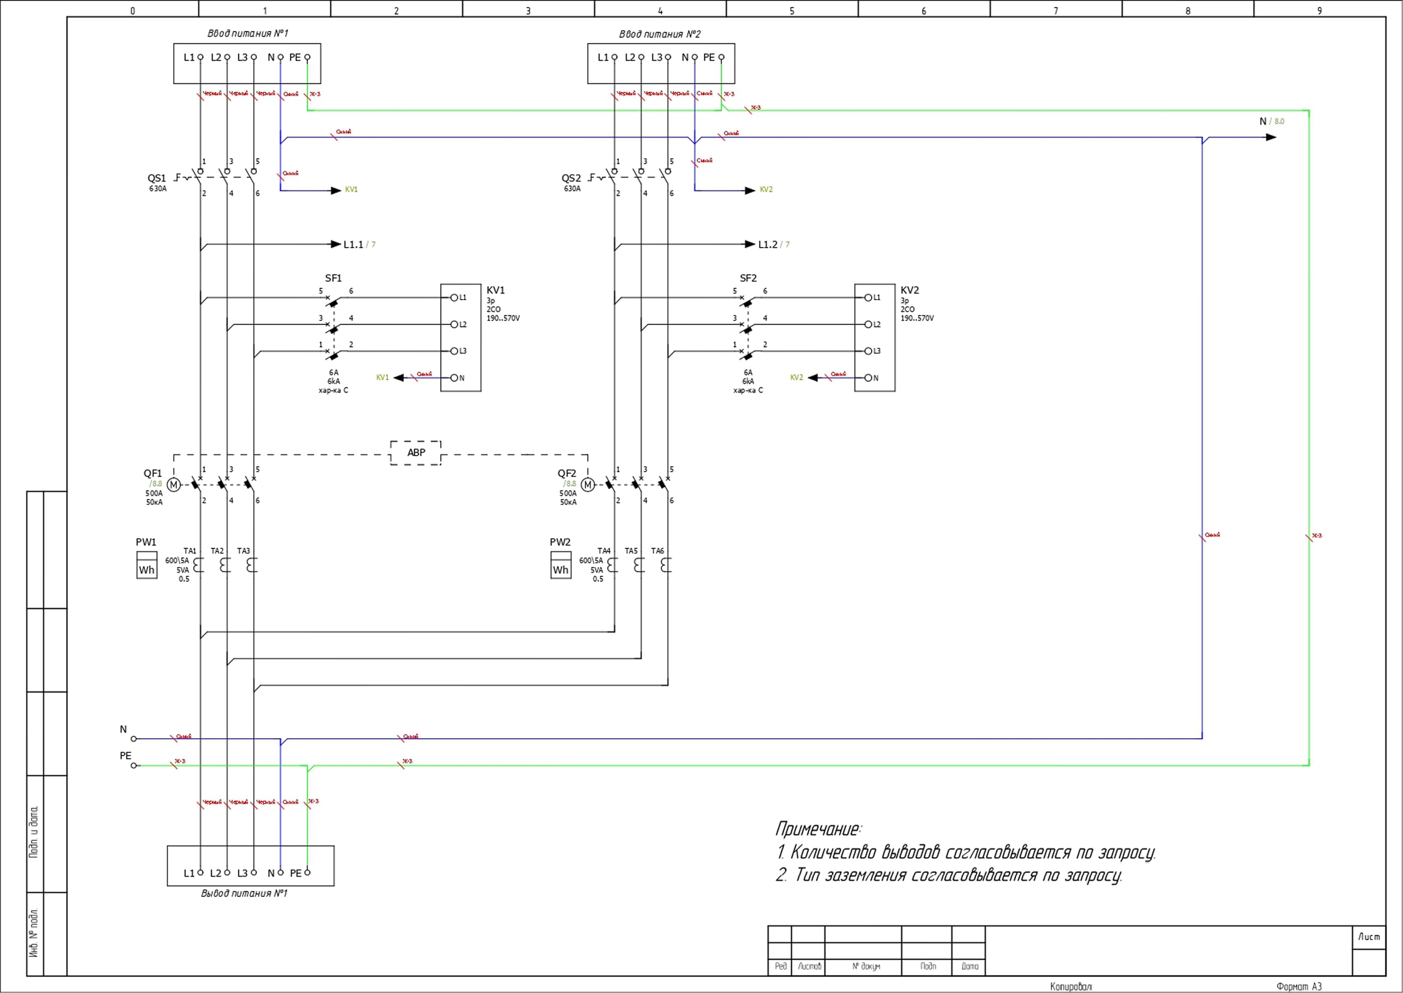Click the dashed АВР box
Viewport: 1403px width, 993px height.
pos(416,452)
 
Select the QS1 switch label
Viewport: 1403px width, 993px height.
pos(157,178)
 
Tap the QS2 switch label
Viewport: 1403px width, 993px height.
pos(571,178)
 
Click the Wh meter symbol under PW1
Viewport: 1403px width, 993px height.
pos(147,566)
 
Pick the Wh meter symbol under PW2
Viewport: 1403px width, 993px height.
pos(561,566)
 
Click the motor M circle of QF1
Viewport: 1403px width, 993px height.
pos(174,485)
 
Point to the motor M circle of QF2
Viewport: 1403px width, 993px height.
pos(587,485)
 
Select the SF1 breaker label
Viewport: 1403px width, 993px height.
pos(333,278)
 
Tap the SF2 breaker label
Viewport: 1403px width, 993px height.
pos(748,278)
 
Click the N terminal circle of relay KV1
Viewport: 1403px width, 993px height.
pos(454,378)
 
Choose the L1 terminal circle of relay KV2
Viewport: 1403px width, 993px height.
pos(867,298)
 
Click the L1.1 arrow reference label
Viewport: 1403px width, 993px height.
pos(353,245)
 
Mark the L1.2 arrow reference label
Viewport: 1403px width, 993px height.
pos(767,245)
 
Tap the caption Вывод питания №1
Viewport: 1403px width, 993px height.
pos(244,893)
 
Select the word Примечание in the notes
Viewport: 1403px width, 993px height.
pos(817,829)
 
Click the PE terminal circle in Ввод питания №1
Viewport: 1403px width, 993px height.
pos(307,58)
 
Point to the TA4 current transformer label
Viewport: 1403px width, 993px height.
pos(604,551)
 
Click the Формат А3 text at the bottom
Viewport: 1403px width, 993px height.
pos(1299,986)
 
